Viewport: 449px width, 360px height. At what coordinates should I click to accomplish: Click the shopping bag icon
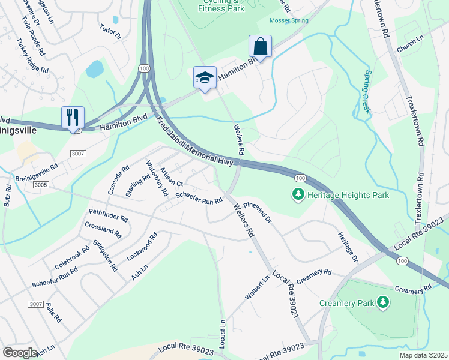[x=260, y=46]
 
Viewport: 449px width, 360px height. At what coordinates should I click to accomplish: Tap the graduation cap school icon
[x=205, y=78]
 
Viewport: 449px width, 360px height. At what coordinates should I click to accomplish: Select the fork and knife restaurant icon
[x=73, y=117]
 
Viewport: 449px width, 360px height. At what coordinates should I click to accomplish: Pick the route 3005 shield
[x=41, y=185]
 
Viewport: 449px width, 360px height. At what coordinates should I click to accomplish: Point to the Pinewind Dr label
[x=258, y=212]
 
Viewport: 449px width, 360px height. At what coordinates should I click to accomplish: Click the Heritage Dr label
[x=347, y=247]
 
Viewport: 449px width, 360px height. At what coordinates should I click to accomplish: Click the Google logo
[x=20, y=353]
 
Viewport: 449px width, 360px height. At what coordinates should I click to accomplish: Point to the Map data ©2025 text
[x=423, y=355]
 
